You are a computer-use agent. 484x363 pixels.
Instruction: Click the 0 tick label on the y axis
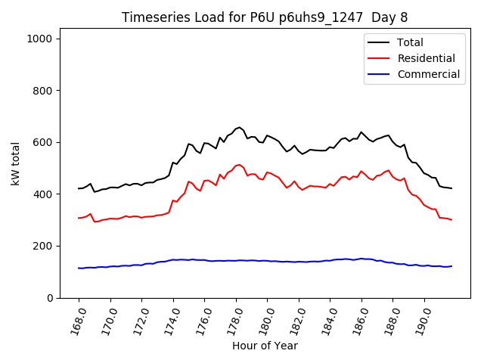(50, 298)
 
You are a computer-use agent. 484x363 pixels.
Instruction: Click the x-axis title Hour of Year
(264, 346)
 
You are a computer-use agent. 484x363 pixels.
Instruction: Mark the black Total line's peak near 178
(239, 127)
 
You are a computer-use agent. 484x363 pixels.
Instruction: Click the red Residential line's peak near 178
(239, 164)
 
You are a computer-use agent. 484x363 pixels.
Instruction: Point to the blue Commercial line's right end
(452, 266)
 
